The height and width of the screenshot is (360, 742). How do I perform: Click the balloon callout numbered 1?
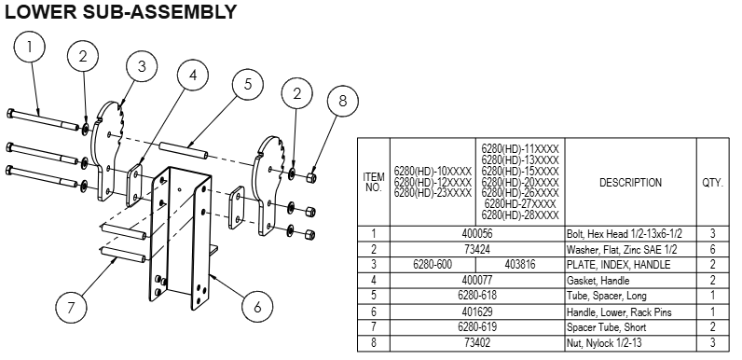pyautogui.click(x=32, y=46)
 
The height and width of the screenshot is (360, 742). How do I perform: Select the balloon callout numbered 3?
pyautogui.click(x=142, y=66)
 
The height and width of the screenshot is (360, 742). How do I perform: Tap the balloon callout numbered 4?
pyautogui.click(x=191, y=76)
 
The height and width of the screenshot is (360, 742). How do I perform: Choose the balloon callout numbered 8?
pyautogui.click(x=342, y=100)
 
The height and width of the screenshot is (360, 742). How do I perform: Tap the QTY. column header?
pyautogui.click(x=712, y=183)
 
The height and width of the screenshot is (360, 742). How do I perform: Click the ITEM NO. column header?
pyautogui.click(x=373, y=183)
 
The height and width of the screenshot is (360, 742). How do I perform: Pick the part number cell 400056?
pyautogui.click(x=476, y=234)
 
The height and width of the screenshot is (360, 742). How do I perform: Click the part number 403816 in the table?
pyautogui.click(x=521, y=264)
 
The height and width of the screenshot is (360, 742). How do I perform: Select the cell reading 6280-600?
pyautogui.click(x=433, y=264)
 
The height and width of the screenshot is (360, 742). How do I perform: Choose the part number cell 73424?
pyautogui.click(x=476, y=249)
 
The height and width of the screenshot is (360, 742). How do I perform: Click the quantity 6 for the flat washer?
pyautogui.click(x=712, y=249)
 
